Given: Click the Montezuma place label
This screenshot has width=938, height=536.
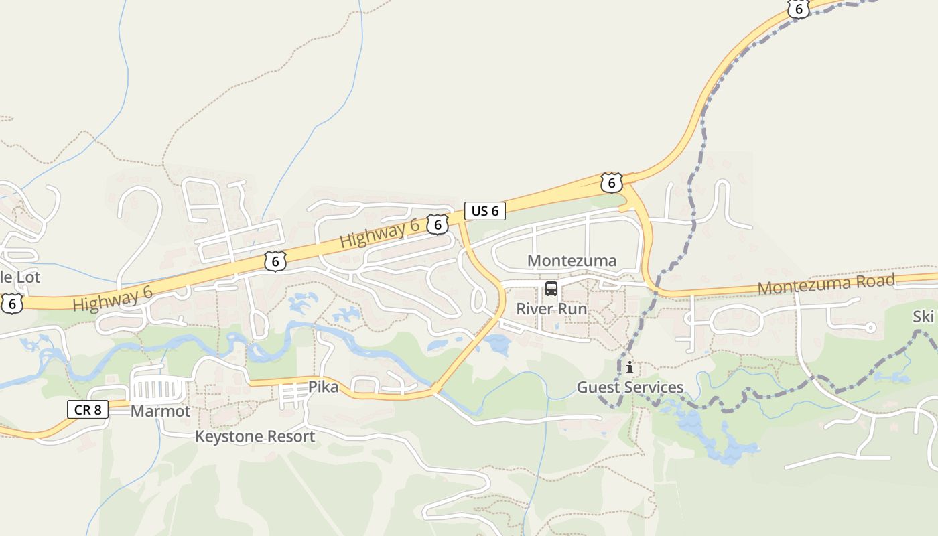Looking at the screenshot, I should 572,261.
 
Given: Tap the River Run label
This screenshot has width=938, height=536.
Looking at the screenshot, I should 551,309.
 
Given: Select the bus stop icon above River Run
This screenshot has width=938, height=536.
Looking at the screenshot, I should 551,289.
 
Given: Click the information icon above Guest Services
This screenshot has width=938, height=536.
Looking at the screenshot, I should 630,367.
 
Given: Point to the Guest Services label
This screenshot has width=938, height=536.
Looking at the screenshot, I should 630,387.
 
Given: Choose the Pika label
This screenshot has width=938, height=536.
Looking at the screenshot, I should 324,387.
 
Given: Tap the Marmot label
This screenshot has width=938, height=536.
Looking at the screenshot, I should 160,411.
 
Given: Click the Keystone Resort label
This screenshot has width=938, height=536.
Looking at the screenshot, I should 255,437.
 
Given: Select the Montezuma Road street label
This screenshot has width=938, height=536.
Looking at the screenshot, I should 826,285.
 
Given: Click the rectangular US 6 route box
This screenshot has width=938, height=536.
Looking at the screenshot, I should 485,211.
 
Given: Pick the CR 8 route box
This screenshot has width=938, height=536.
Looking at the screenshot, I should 88,409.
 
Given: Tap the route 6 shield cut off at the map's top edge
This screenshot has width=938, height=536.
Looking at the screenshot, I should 799,8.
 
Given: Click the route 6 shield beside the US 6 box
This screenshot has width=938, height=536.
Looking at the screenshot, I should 438,225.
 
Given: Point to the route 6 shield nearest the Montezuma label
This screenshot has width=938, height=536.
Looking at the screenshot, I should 611,182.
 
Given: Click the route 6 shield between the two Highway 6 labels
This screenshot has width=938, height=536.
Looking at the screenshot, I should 275,261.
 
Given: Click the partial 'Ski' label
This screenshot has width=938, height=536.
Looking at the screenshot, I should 923,317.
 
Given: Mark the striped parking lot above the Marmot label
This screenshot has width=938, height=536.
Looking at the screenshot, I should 159,389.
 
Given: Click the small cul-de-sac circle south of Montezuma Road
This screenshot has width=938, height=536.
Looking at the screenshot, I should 870,328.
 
